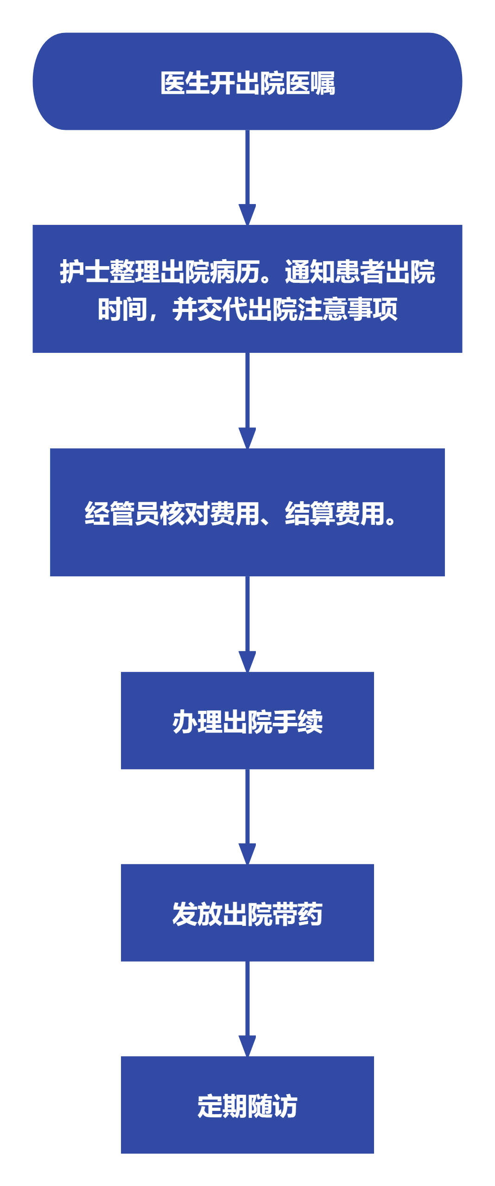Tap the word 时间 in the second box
coord(122,309)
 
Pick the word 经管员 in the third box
coord(122,514)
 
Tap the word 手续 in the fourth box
coord(298,722)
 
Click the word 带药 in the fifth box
coord(298,914)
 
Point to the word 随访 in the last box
coord(273,1106)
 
